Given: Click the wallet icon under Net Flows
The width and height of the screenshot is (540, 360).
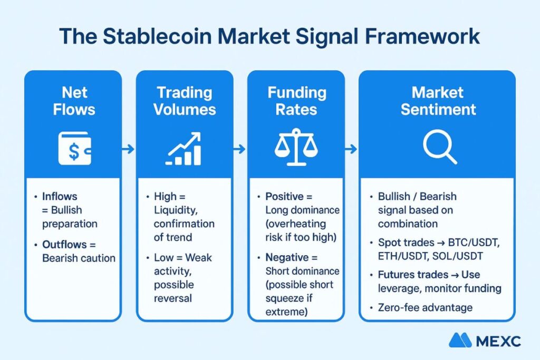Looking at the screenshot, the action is [x=75, y=148].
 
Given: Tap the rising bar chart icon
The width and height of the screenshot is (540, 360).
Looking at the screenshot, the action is [x=184, y=149].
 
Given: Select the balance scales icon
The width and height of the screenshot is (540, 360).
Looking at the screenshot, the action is [x=296, y=147].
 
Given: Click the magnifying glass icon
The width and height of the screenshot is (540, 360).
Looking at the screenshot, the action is [x=440, y=147].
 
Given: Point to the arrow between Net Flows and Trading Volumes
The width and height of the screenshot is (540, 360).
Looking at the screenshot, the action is [x=128, y=149].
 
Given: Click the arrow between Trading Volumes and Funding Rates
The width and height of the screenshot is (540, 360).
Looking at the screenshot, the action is [x=239, y=149].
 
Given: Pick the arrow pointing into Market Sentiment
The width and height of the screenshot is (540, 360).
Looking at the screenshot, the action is [x=351, y=149].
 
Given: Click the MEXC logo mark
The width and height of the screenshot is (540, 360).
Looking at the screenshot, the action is [x=460, y=340].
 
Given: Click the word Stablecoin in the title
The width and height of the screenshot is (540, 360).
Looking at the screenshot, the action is [x=157, y=36].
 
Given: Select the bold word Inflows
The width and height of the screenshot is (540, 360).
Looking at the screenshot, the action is [x=60, y=197].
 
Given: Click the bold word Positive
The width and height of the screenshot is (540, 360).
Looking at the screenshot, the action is [x=284, y=197].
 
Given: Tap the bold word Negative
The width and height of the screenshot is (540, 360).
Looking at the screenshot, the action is [x=287, y=257].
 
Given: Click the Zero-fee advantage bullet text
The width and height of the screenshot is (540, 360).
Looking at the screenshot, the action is [x=425, y=307].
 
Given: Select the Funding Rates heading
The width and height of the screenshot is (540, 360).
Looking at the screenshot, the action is [x=296, y=101].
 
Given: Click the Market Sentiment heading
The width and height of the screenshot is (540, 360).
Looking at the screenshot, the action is [x=438, y=101].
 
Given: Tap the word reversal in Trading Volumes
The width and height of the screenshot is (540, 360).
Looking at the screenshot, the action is [x=173, y=298].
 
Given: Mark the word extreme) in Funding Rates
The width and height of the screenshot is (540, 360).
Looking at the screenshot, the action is [x=286, y=312].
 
